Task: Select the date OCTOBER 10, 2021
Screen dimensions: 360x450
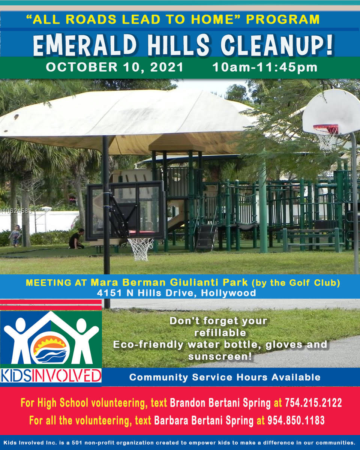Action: pyautogui.click(x=114, y=67)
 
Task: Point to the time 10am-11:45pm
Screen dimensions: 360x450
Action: pyautogui.click(x=265, y=67)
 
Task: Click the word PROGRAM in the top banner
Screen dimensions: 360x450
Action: pyautogui.click(x=283, y=19)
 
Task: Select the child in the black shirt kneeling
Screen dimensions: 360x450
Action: pyautogui.click(x=77, y=238)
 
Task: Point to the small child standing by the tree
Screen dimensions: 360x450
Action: pyautogui.click(x=15, y=235)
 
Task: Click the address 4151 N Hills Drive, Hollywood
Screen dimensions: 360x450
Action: pyautogui.click(x=177, y=293)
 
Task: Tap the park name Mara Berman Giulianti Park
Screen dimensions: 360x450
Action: pyautogui.click(x=169, y=282)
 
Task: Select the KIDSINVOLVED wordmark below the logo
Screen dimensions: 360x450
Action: pyautogui.click(x=51, y=375)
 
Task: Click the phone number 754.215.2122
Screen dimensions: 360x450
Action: pyautogui.click(x=313, y=402)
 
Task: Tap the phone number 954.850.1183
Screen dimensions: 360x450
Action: pyautogui.click(x=296, y=420)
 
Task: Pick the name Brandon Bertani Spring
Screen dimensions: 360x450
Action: pyautogui.click(x=220, y=403)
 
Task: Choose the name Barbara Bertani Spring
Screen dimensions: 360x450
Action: pyautogui.click(x=204, y=421)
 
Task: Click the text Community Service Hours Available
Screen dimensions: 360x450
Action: pyautogui.click(x=225, y=377)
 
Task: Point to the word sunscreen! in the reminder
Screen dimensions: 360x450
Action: pyautogui.click(x=220, y=357)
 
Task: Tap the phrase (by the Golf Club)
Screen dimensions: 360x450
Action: pyautogui.click(x=296, y=283)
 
